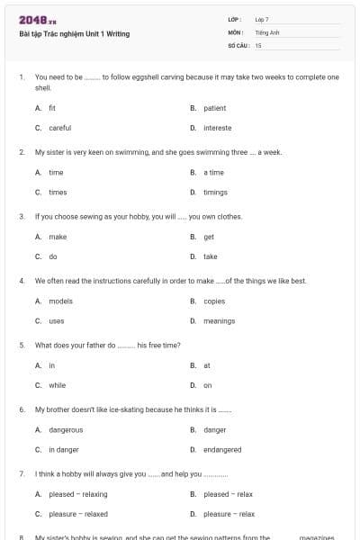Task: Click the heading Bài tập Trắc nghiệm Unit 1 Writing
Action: coord(75,33)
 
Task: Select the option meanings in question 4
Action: coord(219,320)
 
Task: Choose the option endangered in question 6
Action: coord(222,449)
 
